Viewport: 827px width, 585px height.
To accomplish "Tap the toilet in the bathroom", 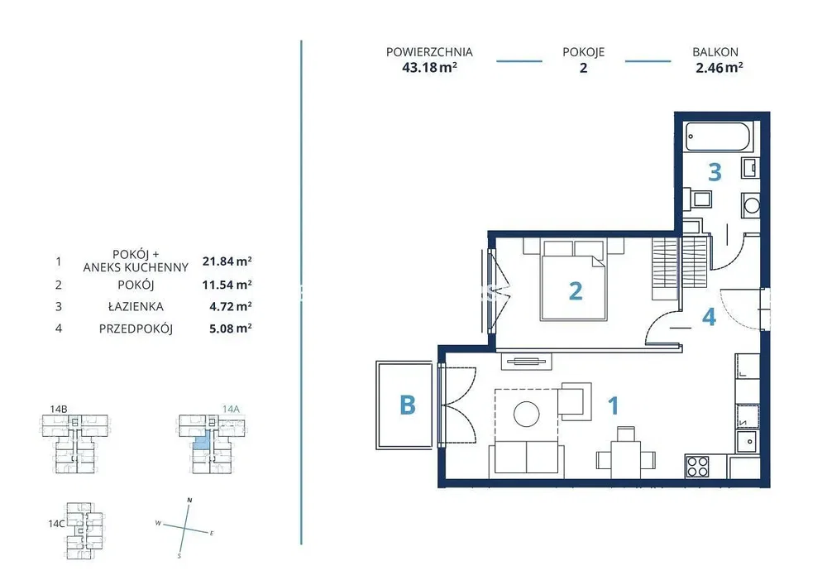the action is tap(697, 199).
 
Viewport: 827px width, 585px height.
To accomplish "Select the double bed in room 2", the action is tap(574, 281).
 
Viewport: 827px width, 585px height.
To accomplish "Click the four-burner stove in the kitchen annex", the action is tap(697, 466).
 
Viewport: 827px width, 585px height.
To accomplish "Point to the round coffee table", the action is tap(526, 414).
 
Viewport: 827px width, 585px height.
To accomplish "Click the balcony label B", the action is tap(407, 405).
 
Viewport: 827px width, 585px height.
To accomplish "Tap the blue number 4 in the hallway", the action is tap(709, 316).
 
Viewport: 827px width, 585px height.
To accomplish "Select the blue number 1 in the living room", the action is tap(613, 405).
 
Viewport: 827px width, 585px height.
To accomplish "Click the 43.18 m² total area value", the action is tap(429, 68).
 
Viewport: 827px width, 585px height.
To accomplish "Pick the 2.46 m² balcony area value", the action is tap(719, 68).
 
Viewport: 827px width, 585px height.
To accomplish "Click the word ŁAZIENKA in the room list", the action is tap(136, 306).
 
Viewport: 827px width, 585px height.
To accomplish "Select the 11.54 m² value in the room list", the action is tap(227, 285).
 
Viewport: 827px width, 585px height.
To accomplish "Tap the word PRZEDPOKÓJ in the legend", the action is tap(136, 328).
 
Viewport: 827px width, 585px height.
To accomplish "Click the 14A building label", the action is tap(231, 409).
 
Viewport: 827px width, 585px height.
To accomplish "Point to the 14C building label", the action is tap(56, 524).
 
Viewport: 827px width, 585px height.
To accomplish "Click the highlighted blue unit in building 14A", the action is tap(200, 443).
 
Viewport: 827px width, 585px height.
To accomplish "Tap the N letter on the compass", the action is tap(190, 500).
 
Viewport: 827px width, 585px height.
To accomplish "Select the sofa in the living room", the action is tap(526, 458).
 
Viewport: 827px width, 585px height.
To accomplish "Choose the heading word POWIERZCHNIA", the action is tap(429, 52).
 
